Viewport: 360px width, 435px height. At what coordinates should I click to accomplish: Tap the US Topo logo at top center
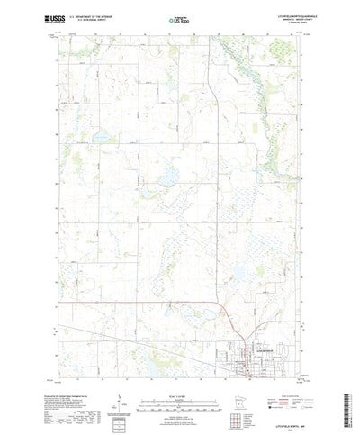[179, 20]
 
